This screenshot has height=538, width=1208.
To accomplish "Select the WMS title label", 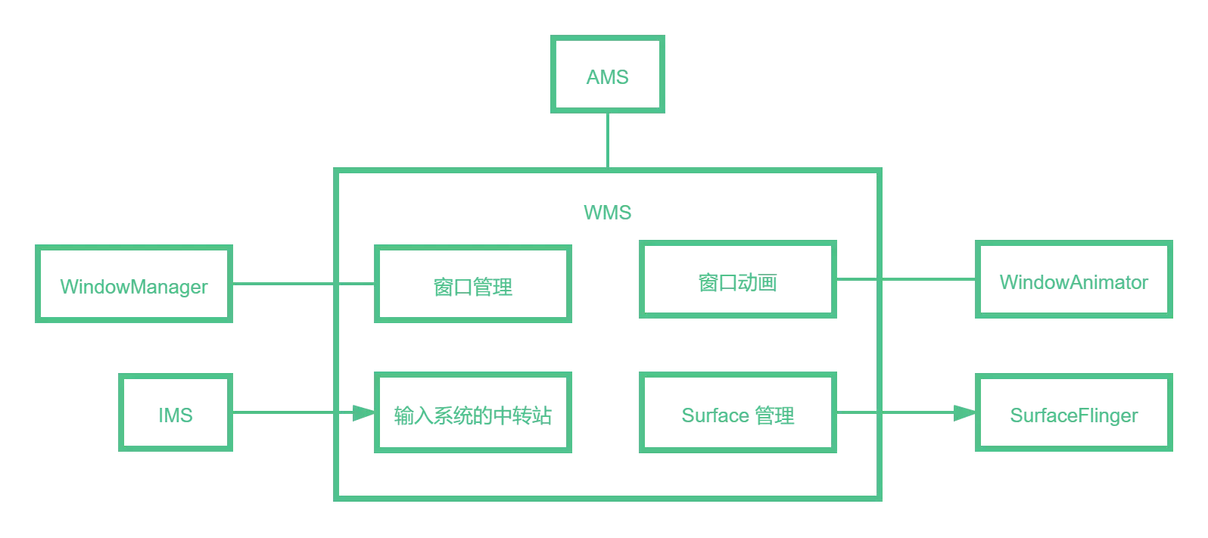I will pyautogui.click(x=608, y=213).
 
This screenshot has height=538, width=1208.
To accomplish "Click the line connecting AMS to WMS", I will pyautogui.click(x=608, y=140).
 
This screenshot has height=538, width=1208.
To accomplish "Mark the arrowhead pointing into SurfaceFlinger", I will pyautogui.click(x=965, y=412).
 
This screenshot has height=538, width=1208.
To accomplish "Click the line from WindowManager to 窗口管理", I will pyautogui.click(x=303, y=284).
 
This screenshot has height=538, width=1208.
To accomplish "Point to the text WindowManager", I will pyautogui.click(x=134, y=287).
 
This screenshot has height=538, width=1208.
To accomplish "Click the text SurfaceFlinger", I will pyautogui.click(x=1074, y=415).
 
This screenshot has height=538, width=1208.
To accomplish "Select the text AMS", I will pyautogui.click(x=608, y=77).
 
